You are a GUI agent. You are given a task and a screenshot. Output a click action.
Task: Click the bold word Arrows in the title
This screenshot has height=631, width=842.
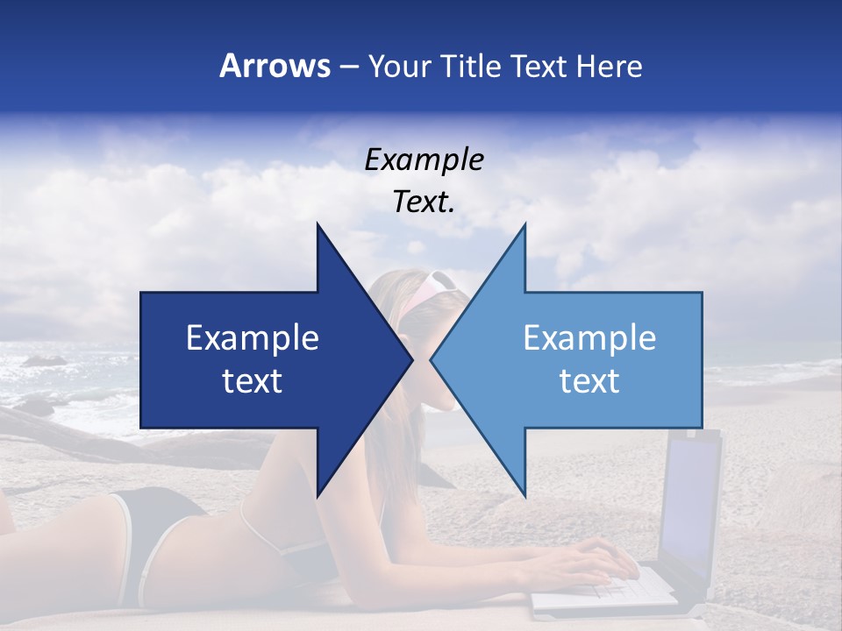pyautogui.click(x=275, y=66)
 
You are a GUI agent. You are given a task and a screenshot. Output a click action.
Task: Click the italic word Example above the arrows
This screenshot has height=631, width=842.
pyautogui.click(x=424, y=160)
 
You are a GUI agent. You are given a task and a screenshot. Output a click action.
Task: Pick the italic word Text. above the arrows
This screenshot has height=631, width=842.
pyautogui.click(x=424, y=202)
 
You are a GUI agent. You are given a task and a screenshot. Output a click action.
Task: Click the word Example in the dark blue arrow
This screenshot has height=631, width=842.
pyautogui.click(x=253, y=338)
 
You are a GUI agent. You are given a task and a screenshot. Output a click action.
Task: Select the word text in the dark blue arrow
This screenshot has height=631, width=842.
pyautogui.click(x=253, y=381)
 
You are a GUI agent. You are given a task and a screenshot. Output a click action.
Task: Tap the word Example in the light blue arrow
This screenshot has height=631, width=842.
pyautogui.click(x=589, y=338)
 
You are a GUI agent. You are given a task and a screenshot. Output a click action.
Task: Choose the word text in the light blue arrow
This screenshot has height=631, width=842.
pyautogui.click(x=589, y=381)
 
